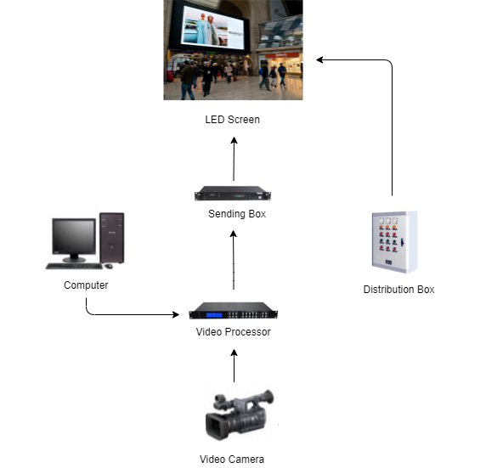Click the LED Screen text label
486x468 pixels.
pyautogui.click(x=233, y=120)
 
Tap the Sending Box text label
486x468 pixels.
pyautogui.click(x=237, y=214)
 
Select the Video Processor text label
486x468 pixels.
pyautogui.click(x=234, y=332)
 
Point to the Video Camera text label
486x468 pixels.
pyautogui.click(x=232, y=459)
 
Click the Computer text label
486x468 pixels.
pyautogui.click(x=86, y=285)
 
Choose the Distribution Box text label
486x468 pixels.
pyautogui.click(x=398, y=290)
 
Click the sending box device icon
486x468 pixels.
pyautogui.click(x=233, y=194)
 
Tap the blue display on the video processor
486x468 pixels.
pyautogui.click(x=214, y=315)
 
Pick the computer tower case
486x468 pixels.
pyautogui.click(x=112, y=238)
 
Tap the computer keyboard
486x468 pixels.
pyautogui.click(x=75, y=266)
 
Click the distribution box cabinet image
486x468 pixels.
pyautogui.click(x=395, y=242)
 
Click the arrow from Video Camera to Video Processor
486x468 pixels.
pyautogui.click(x=234, y=366)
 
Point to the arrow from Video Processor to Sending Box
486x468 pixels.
pyautogui.click(x=234, y=260)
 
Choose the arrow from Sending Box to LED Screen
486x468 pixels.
pyautogui.click(x=234, y=159)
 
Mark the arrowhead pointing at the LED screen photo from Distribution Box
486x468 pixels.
pyautogui.click(x=319, y=59)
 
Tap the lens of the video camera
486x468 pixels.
pyautogui.click(x=213, y=426)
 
